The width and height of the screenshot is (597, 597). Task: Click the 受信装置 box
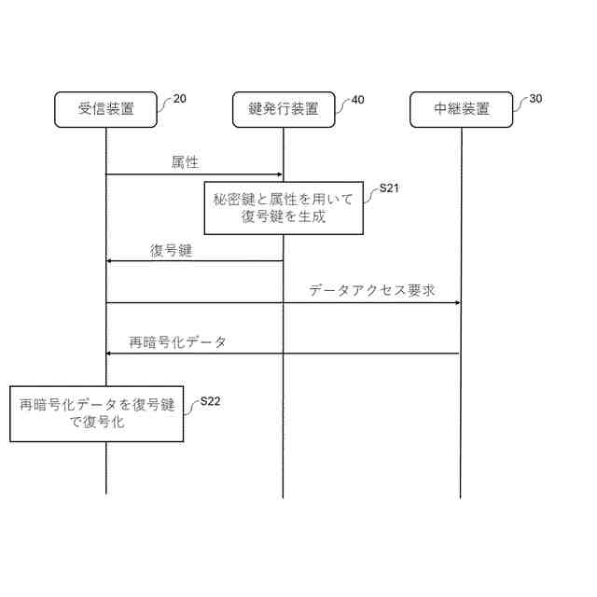pos(105,109)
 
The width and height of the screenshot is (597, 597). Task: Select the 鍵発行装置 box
pos(283,109)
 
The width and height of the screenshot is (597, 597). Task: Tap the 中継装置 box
pos(461,109)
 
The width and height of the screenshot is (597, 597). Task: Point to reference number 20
pos(179,99)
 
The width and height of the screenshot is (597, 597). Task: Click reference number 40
pos(356,99)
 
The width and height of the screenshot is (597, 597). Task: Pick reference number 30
pos(535,99)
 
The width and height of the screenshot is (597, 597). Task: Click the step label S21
pos(390,189)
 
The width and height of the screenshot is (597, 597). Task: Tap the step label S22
pos(211,402)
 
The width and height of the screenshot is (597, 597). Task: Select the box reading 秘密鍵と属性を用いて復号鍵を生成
pos(283,208)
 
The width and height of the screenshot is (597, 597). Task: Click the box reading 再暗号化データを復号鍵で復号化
pos(97,413)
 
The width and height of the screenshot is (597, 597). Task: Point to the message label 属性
pos(185,162)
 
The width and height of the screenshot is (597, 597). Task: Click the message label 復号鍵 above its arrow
pos(171,250)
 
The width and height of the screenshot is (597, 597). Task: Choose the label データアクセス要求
pos(372,290)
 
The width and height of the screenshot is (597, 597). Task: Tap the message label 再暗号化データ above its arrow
pos(177,341)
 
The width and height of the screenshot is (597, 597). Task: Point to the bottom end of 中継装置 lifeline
pos(460,496)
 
